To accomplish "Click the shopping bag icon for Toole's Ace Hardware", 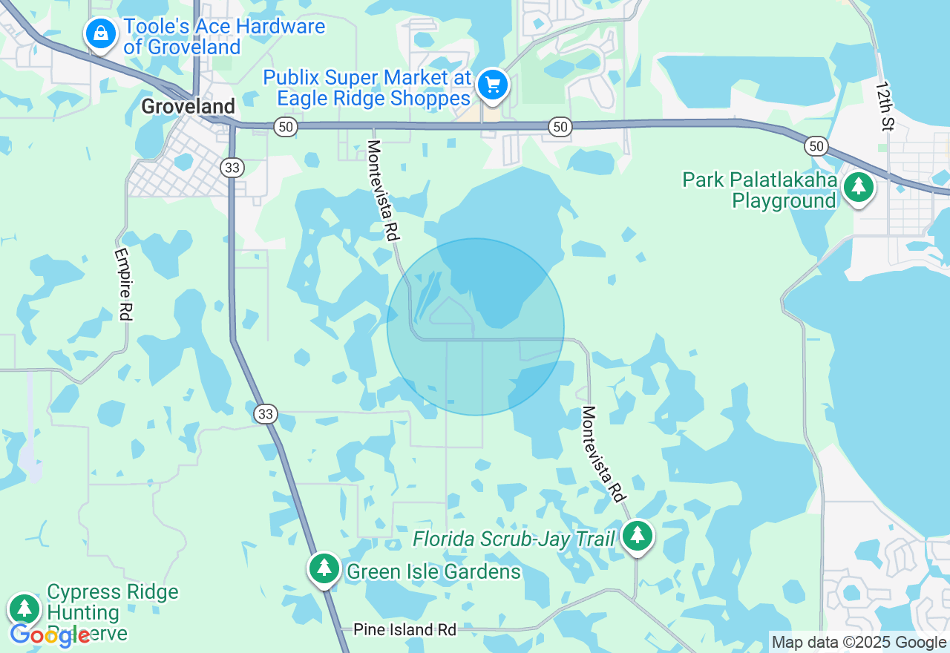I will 99,33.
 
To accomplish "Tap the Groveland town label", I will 188,107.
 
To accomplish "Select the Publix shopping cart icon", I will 492,85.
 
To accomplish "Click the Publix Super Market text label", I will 367,88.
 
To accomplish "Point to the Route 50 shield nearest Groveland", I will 285,127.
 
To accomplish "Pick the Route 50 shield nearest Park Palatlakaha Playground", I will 816,146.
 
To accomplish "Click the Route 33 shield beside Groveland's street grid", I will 232,168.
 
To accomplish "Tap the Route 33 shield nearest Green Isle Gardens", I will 265,414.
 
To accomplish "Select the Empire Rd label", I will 123,284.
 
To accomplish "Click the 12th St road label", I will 883,105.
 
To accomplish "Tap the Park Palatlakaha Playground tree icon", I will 859,186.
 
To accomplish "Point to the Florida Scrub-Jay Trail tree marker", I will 637,534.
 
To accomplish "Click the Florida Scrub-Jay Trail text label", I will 514,539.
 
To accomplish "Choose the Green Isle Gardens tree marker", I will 324,568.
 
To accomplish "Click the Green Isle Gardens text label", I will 433,571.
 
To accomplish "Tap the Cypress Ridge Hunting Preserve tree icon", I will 24,608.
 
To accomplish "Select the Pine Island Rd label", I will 404,630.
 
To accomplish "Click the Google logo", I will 49,635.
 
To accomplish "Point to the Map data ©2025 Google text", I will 859,643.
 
